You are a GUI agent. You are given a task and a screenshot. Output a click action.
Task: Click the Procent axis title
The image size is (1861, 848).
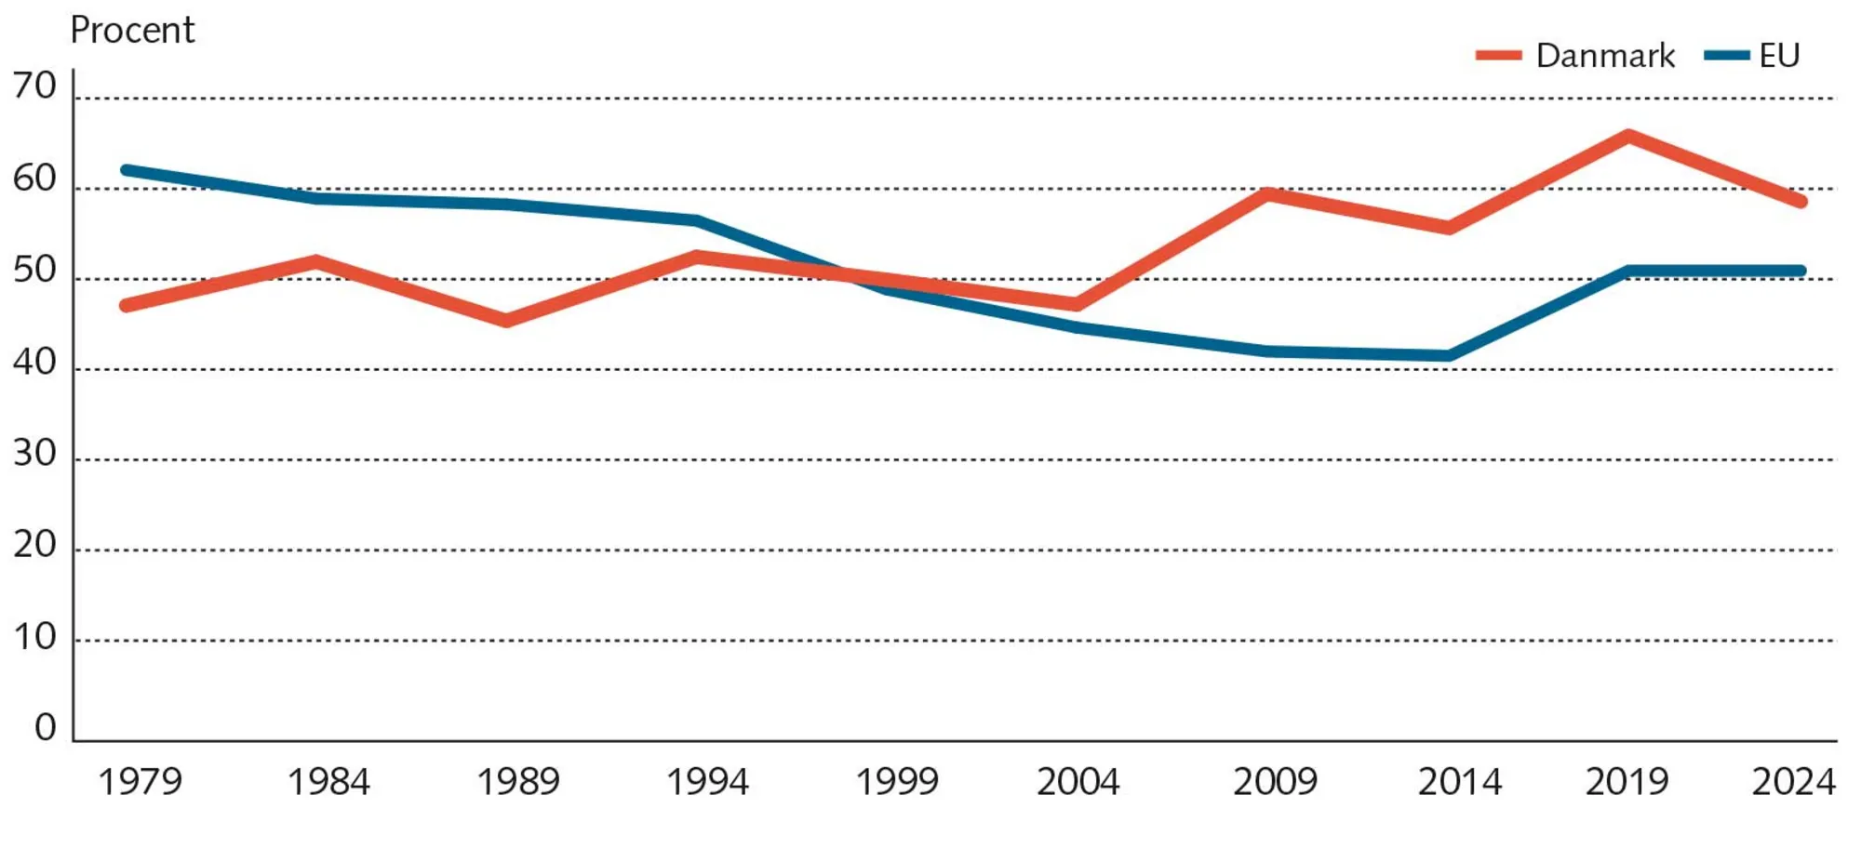[x=132, y=31]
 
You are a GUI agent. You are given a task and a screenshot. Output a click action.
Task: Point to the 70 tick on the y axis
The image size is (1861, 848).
[x=34, y=86]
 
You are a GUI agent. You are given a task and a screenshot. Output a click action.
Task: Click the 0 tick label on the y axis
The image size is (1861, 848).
[x=46, y=728]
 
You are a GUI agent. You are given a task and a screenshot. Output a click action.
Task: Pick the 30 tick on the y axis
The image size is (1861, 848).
[x=34, y=454]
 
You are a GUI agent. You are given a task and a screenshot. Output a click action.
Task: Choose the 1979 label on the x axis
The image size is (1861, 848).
[x=140, y=782]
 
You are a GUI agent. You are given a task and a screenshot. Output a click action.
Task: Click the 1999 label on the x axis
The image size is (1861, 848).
[x=896, y=782]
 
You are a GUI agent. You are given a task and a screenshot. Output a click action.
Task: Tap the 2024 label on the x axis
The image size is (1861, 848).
[x=1793, y=782]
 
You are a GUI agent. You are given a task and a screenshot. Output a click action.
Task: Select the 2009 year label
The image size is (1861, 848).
[x=1275, y=782]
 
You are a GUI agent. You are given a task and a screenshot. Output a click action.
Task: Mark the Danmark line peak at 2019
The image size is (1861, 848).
[x=1628, y=137]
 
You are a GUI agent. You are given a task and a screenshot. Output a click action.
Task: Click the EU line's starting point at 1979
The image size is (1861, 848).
[x=127, y=170]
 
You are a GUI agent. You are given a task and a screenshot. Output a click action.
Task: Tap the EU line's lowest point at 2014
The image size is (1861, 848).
[x=1449, y=355]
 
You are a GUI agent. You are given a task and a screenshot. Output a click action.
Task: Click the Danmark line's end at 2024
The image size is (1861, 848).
[x=1801, y=202]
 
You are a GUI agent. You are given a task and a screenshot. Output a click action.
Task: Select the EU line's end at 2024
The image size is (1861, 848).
[x=1801, y=272]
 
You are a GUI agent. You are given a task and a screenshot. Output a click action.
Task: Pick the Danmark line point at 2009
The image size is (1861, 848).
[x=1267, y=193]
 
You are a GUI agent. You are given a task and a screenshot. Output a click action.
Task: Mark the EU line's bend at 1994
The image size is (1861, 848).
[x=697, y=220]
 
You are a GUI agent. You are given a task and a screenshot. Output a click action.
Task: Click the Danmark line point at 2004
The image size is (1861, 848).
[x=1077, y=304]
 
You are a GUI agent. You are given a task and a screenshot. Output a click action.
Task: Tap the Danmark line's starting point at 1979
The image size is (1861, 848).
[x=127, y=305]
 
